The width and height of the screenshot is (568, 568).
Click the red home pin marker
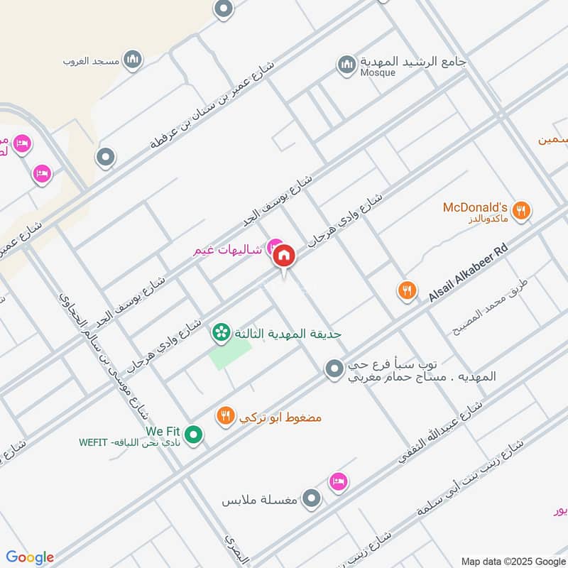click(x=284, y=255)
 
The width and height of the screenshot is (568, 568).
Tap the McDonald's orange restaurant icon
click(x=522, y=209)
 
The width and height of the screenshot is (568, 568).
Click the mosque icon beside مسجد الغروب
click(x=132, y=60)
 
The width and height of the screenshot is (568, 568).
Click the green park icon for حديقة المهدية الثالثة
click(x=222, y=332)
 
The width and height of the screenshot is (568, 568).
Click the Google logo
click(x=30, y=557)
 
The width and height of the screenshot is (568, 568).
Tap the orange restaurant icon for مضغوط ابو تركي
click(x=225, y=417)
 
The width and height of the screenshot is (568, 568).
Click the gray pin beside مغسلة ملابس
click(x=312, y=500)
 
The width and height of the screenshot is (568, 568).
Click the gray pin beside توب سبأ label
click(x=334, y=368)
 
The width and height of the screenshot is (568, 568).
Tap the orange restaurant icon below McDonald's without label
click(x=406, y=290)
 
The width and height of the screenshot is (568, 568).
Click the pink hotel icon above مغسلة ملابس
click(x=339, y=482)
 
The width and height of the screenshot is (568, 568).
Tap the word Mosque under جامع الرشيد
click(x=378, y=73)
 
